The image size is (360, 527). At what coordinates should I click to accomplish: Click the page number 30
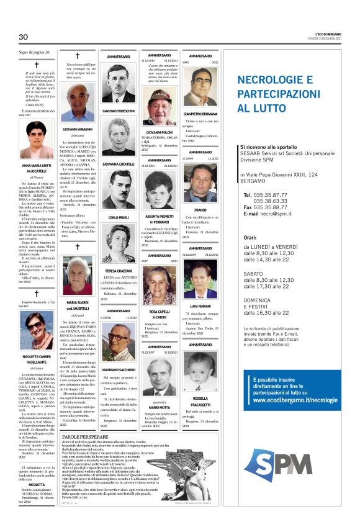tap(23, 37)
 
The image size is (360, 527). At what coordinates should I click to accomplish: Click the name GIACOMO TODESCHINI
tap(119, 110)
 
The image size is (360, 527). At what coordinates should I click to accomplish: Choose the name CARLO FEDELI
tap(119, 218)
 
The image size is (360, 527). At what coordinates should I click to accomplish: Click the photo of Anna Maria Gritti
tap(36, 143)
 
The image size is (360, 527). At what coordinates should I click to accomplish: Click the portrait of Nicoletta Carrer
tap(36, 333)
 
